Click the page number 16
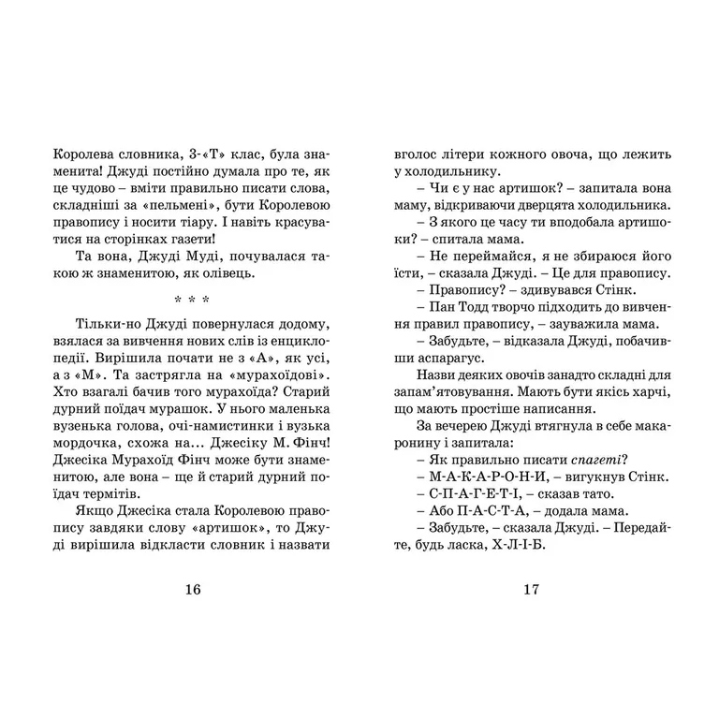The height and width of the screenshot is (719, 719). point(193,589)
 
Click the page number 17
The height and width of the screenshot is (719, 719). point(531,589)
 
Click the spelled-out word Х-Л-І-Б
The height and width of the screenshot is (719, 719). point(516,546)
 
